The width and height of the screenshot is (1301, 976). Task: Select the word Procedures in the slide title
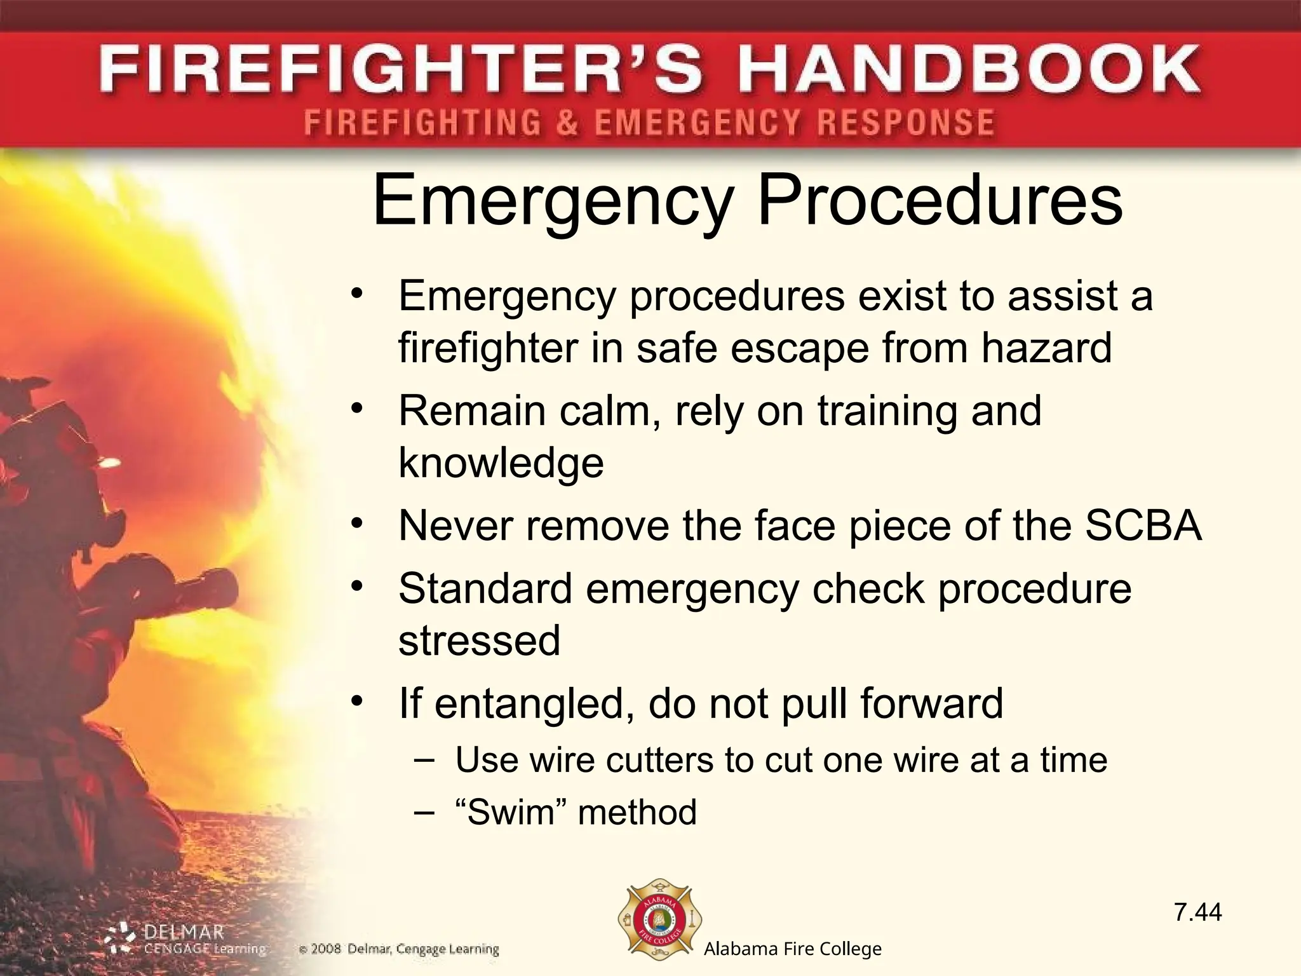940,200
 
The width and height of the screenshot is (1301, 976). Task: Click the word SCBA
1143,526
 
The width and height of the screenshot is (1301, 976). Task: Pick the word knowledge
501,463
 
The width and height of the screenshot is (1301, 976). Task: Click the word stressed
480,640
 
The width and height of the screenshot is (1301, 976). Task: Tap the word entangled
530,704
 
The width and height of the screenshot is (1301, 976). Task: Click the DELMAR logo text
184,933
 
